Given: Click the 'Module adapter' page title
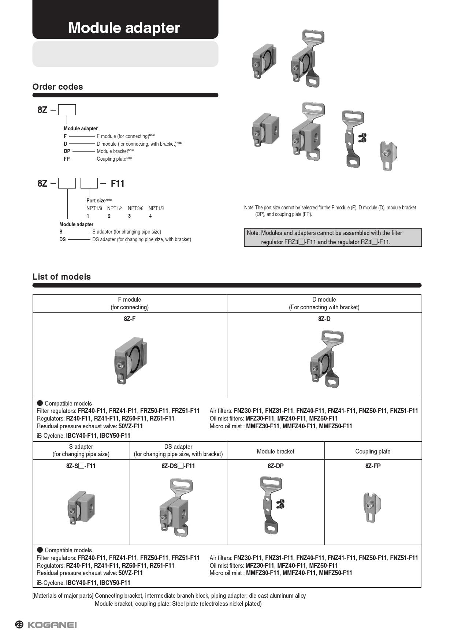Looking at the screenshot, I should [124, 28].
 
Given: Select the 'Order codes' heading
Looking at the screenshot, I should [57, 87].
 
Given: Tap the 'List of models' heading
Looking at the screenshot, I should [62, 277].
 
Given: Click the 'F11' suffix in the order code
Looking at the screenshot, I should [118, 183].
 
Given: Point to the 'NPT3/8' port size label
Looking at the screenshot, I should [135, 208].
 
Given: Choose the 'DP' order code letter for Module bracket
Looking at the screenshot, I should [67, 151].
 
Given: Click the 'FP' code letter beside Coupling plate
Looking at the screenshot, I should [67, 159].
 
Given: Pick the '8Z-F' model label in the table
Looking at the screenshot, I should [130, 319].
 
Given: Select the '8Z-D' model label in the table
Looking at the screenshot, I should [324, 319].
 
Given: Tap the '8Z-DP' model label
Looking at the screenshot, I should [275, 466].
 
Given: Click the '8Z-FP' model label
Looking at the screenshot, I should [373, 466].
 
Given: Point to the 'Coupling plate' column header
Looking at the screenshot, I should [373, 451].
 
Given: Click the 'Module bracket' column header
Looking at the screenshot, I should [275, 451].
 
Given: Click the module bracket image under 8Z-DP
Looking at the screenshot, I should [272, 505].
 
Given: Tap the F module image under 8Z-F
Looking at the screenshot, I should [130, 360].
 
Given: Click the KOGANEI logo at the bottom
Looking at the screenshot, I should [52, 625].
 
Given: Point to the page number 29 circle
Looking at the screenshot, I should [19, 624].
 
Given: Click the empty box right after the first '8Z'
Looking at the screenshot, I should [67, 110].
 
